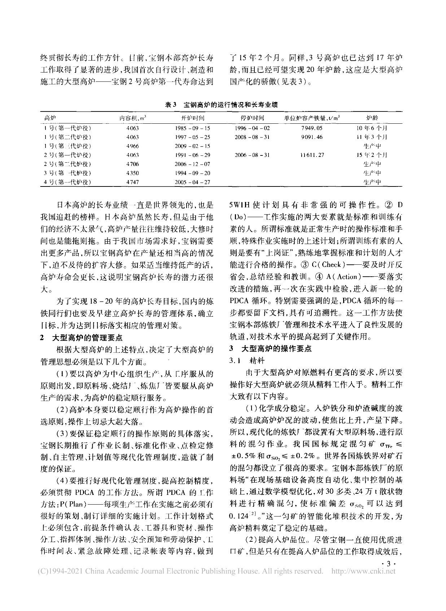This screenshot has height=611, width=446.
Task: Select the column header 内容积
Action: tap(132, 118)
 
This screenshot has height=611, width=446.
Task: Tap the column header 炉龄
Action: tap(372, 118)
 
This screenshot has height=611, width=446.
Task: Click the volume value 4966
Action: tap(132, 146)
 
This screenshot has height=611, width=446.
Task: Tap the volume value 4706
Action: tap(132, 164)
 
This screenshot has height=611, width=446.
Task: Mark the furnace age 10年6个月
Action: tap(372, 128)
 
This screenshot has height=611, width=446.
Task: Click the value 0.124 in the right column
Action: tap(239, 517)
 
